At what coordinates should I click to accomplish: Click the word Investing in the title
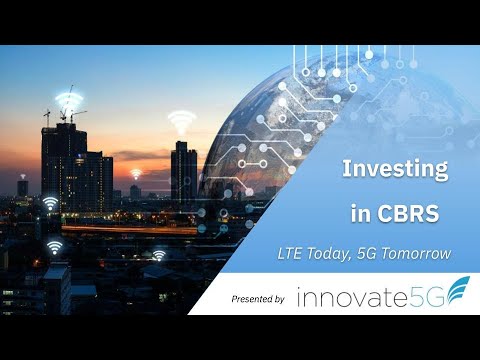pos(395,170)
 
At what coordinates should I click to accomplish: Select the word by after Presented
pos(279,299)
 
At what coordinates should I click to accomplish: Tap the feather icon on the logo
pos(455,293)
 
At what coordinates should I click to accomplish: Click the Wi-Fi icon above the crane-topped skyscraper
pos(68,102)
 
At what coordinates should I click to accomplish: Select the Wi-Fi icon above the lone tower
pos(181,123)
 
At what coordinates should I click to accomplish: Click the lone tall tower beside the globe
pos(182,175)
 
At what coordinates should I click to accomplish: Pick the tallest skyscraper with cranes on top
pos(62,165)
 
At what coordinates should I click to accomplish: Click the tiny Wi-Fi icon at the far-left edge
pos(23,174)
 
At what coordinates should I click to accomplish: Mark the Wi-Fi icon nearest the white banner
pos(159,255)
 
